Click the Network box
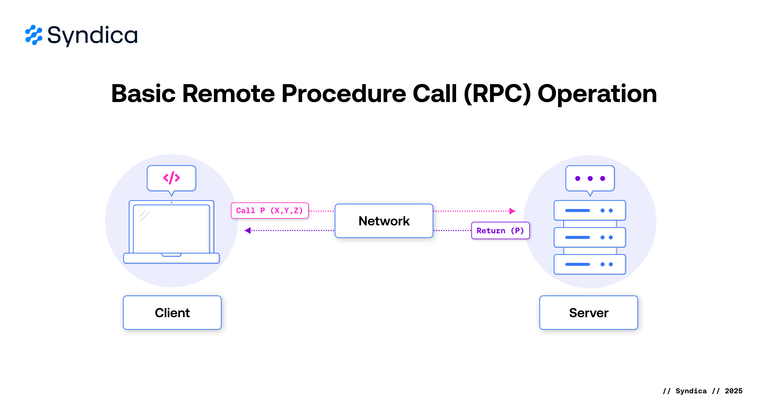(384, 221)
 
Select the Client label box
(172, 313)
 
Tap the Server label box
(588, 313)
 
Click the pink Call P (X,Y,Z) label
(270, 211)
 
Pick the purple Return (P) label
(500, 231)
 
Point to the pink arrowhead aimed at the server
(512, 211)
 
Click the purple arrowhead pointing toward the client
(248, 230)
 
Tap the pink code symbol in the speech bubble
(171, 178)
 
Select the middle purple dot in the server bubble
(590, 179)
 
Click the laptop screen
(171, 229)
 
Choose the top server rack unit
(589, 210)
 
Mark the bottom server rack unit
(589, 264)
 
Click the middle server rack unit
(589, 238)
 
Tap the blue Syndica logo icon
(34, 35)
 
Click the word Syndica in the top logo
(93, 35)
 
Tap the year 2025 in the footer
(733, 391)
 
